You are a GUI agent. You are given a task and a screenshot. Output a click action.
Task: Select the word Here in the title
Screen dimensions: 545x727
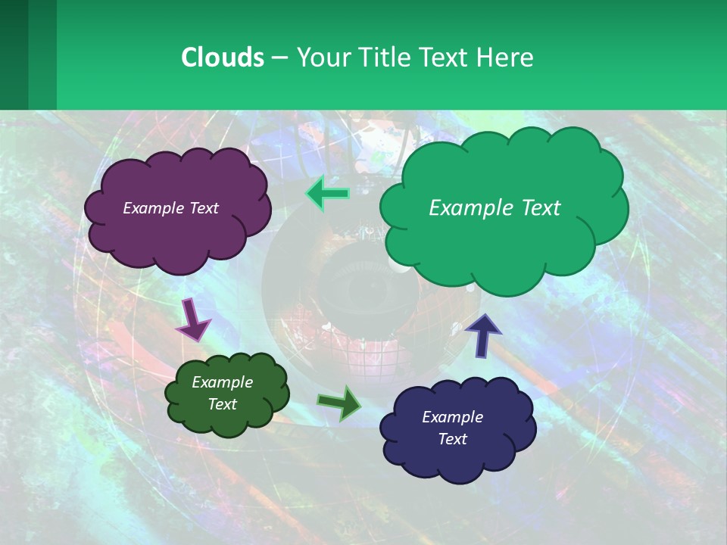(x=505, y=58)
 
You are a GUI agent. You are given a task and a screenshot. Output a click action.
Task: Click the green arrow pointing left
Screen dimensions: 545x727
(x=328, y=195)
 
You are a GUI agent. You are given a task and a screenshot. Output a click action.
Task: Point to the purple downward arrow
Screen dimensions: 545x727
(x=192, y=319)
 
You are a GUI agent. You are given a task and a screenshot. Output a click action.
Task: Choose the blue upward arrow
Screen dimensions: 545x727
(x=483, y=334)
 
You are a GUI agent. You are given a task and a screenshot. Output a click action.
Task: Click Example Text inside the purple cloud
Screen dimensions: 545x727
(x=170, y=208)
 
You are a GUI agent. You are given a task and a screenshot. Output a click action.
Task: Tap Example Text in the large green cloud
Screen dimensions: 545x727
(x=495, y=208)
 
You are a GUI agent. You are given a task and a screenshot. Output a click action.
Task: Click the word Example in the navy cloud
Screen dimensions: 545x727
(x=452, y=417)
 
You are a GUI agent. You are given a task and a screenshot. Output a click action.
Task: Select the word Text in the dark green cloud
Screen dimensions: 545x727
(x=222, y=404)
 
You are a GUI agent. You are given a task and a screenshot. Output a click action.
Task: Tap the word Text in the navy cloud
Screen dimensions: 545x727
(x=452, y=439)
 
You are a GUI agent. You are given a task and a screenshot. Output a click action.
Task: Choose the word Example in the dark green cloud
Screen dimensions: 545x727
(x=222, y=382)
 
